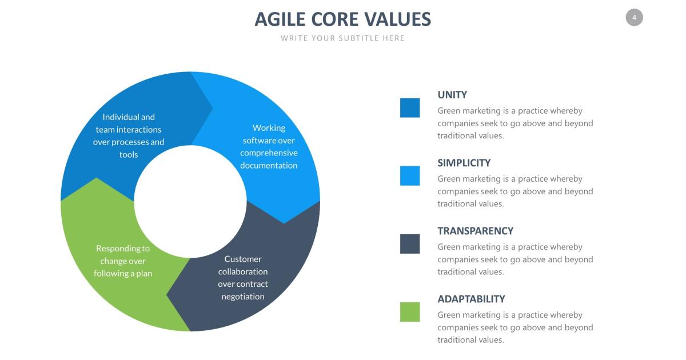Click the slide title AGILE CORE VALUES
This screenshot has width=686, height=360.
(x=342, y=19)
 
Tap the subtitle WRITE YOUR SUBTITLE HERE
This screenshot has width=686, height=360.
(x=342, y=38)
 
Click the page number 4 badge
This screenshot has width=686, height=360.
(x=634, y=18)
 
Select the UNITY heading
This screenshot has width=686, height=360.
(x=452, y=95)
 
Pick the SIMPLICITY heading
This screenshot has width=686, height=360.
(x=464, y=163)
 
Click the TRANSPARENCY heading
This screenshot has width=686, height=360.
(x=475, y=231)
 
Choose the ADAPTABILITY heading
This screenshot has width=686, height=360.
(x=471, y=299)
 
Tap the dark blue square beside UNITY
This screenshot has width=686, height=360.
(x=410, y=108)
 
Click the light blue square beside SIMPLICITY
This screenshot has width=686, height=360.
(x=410, y=176)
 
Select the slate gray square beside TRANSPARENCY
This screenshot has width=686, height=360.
(x=410, y=244)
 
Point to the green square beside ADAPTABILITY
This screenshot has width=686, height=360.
(x=410, y=312)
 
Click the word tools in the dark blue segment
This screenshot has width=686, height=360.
(x=129, y=155)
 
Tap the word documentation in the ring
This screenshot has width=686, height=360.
(x=269, y=166)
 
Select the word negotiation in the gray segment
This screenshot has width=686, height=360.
(x=243, y=297)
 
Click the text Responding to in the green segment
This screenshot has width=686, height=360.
(x=123, y=249)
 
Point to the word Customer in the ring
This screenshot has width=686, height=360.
(x=243, y=259)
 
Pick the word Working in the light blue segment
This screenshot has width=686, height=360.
(x=269, y=128)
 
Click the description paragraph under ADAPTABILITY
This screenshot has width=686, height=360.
(x=515, y=327)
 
